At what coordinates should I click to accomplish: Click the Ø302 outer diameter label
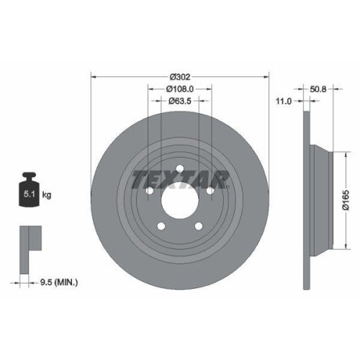tap(179, 76)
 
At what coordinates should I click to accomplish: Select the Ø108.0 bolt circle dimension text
tap(179, 89)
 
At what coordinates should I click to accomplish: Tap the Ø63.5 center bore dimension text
tap(179, 102)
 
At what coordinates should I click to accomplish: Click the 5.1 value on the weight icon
tap(30, 194)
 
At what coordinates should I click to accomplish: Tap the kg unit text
tap(46, 194)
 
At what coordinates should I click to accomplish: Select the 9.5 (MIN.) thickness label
tap(60, 282)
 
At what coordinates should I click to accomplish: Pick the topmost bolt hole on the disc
tap(179, 171)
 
